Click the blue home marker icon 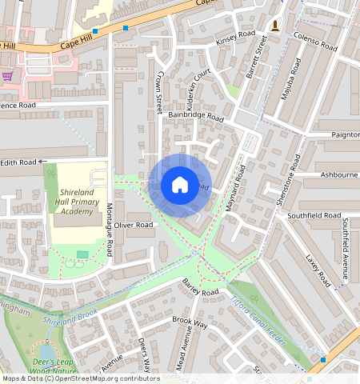click(180, 186)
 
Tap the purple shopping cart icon click(8, 76)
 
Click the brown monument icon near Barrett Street click(275, 26)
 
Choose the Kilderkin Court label click(196, 85)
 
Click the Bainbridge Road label click(197, 116)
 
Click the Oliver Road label click(133, 226)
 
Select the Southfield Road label click(314, 215)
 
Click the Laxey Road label click(318, 270)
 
